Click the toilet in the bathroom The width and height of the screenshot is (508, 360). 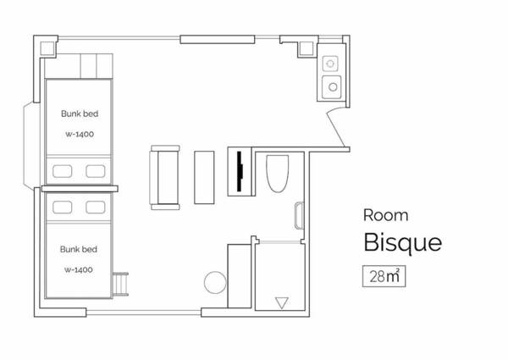pyautogui.click(x=278, y=174)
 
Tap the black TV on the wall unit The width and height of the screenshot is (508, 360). pyautogui.click(x=240, y=171)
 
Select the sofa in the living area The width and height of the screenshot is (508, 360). pyautogui.click(x=164, y=178)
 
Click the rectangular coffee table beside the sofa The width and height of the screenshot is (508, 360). pyautogui.click(x=204, y=178)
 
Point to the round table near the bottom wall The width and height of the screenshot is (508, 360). pyautogui.click(x=215, y=282)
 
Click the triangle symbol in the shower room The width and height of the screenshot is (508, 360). pyautogui.click(x=282, y=303)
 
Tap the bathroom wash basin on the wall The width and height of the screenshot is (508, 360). pyautogui.click(x=299, y=215)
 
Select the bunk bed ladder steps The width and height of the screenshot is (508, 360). pyautogui.click(x=120, y=284)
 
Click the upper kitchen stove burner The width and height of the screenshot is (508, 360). pyautogui.click(x=330, y=64)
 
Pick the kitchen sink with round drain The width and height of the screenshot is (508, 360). pyautogui.click(x=332, y=87)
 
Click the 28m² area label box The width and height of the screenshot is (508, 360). pyautogui.click(x=384, y=276)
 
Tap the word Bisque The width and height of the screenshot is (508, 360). pyautogui.click(x=403, y=242)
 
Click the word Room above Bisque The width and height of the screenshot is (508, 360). pyautogui.click(x=385, y=215)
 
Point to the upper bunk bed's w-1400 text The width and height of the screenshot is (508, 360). pyautogui.click(x=80, y=134)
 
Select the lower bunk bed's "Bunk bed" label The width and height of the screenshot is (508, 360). pyautogui.click(x=79, y=249)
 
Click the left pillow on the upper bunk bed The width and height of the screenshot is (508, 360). pyautogui.click(x=63, y=171)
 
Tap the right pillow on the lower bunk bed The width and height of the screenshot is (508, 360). pyautogui.click(x=96, y=208)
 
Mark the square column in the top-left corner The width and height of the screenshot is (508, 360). pyautogui.click(x=47, y=48)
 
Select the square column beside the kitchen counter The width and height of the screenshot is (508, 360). pyautogui.click(x=306, y=48)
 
